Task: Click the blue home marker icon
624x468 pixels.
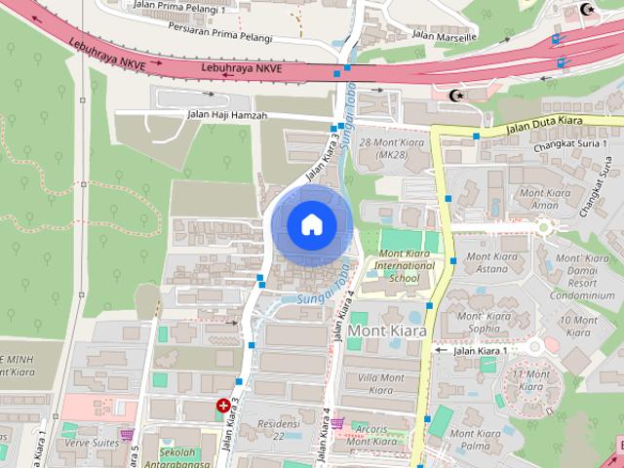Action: click(x=311, y=225)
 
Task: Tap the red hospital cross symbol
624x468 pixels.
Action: click(x=224, y=406)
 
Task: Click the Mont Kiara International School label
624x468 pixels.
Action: click(x=405, y=265)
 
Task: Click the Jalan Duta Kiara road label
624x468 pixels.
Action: click(x=544, y=124)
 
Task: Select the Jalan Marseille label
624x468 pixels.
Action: click(x=445, y=35)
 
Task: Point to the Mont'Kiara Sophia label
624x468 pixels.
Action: click(x=485, y=323)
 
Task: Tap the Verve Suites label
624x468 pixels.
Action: click(x=91, y=442)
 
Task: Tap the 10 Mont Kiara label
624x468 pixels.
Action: click(x=580, y=326)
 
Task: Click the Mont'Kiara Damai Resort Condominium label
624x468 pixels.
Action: click(x=582, y=279)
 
